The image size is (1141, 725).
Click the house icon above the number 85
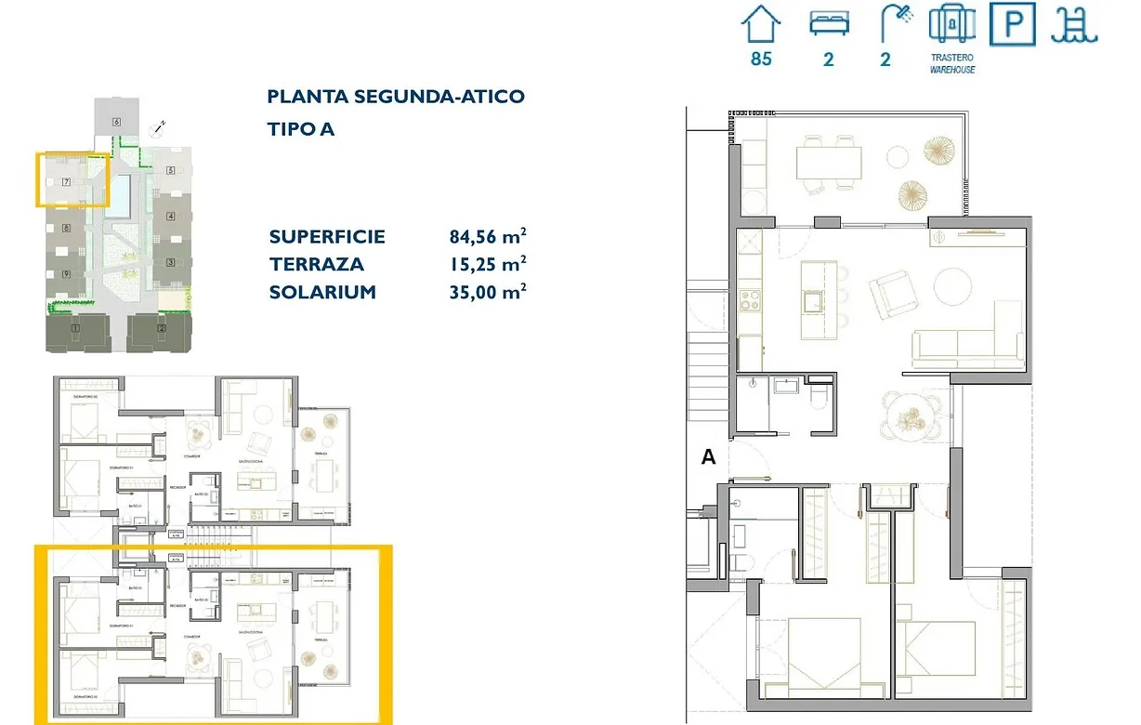point(761,24)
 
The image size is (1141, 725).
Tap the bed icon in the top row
point(828,25)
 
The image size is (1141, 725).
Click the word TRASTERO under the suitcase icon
point(952,58)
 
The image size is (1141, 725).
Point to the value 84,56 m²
point(489,236)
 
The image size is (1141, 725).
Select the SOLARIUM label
point(322,292)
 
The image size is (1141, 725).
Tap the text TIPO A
point(301,129)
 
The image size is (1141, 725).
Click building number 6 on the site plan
point(117,122)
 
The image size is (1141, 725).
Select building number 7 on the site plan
point(66,182)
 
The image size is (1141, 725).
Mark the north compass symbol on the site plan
point(159,127)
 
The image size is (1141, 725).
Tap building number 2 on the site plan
point(161,329)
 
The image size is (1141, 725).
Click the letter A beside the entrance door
point(709,457)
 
